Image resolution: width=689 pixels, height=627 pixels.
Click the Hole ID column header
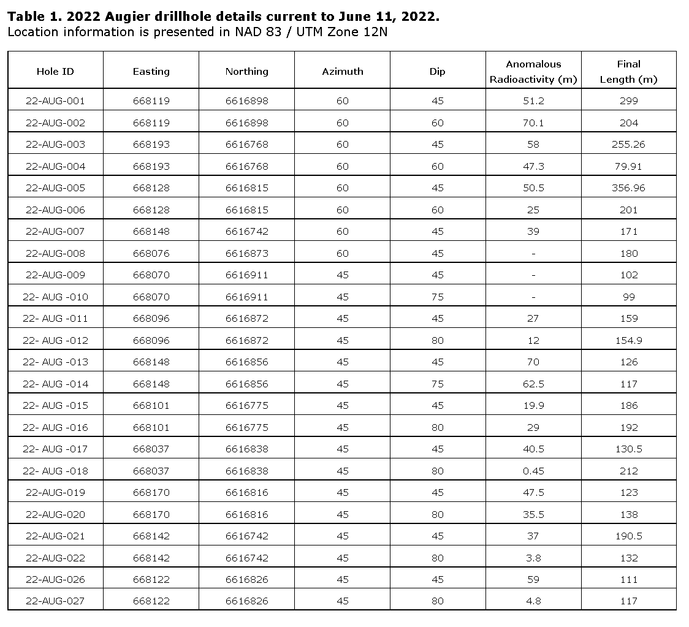(x=55, y=72)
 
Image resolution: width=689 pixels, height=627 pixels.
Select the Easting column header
(x=151, y=72)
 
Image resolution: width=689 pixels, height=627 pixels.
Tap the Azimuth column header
(x=342, y=72)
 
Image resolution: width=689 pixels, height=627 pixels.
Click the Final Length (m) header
(x=628, y=72)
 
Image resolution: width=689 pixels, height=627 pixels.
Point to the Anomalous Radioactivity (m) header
(x=533, y=72)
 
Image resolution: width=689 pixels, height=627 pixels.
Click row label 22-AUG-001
(x=55, y=101)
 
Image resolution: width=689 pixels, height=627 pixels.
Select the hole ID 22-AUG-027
(x=55, y=601)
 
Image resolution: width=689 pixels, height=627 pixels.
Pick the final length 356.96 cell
(x=628, y=188)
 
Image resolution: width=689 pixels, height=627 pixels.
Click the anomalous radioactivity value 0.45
(x=533, y=471)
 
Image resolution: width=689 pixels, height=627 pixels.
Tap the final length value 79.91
(x=628, y=167)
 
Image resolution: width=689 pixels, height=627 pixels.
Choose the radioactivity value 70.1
(x=533, y=123)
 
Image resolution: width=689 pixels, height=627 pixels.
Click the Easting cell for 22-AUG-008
(x=151, y=254)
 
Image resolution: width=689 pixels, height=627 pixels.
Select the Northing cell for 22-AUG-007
(x=246, y=232)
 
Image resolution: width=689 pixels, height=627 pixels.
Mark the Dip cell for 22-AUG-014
(x=437, y=384)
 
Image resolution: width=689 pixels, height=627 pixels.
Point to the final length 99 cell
(x=628, y=297)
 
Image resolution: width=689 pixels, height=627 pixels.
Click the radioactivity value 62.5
(x=533, y=384)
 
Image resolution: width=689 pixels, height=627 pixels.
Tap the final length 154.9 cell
(x=628, y=341)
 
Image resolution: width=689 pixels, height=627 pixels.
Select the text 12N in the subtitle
(x=376, y=32)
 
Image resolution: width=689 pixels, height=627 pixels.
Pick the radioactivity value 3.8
(x=533, y=558)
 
